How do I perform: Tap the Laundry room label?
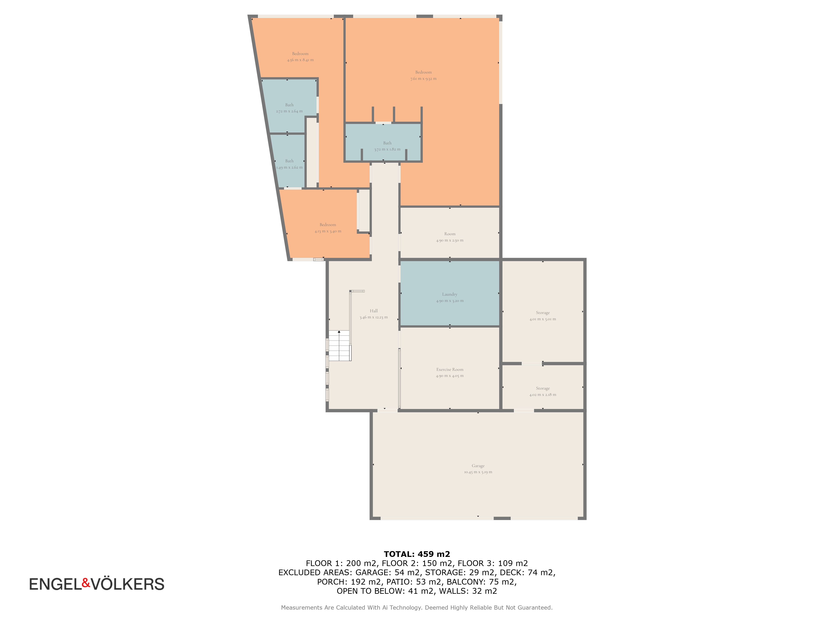(x=450, y=294)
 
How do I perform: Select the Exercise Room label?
(x=450, y=370)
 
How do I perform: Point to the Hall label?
(x=374, y=311)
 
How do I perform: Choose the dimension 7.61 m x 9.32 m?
(x=423, y=79)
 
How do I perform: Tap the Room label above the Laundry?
(x=450, y=234)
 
